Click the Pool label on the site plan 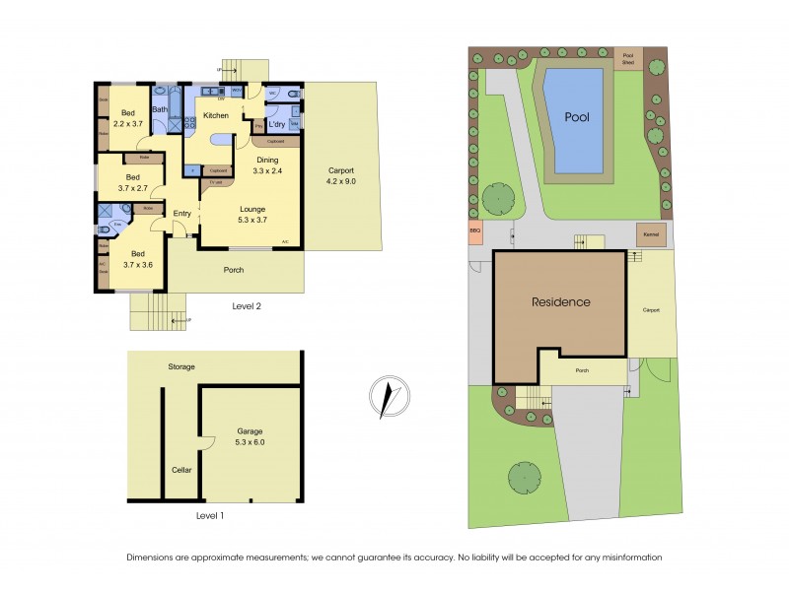click(577, 116)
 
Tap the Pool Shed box click(627, 58)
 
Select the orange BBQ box click(475, 234)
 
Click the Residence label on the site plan click(560, 302)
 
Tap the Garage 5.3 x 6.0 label click(251, 437)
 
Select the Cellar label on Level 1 click(182, 470)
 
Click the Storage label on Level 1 click(181, 366)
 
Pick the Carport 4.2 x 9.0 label click(341, 175)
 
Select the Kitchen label click(215, 115)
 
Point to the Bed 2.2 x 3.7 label click(129, 118)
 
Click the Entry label click(182, 214)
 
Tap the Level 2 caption click(246, 306)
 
